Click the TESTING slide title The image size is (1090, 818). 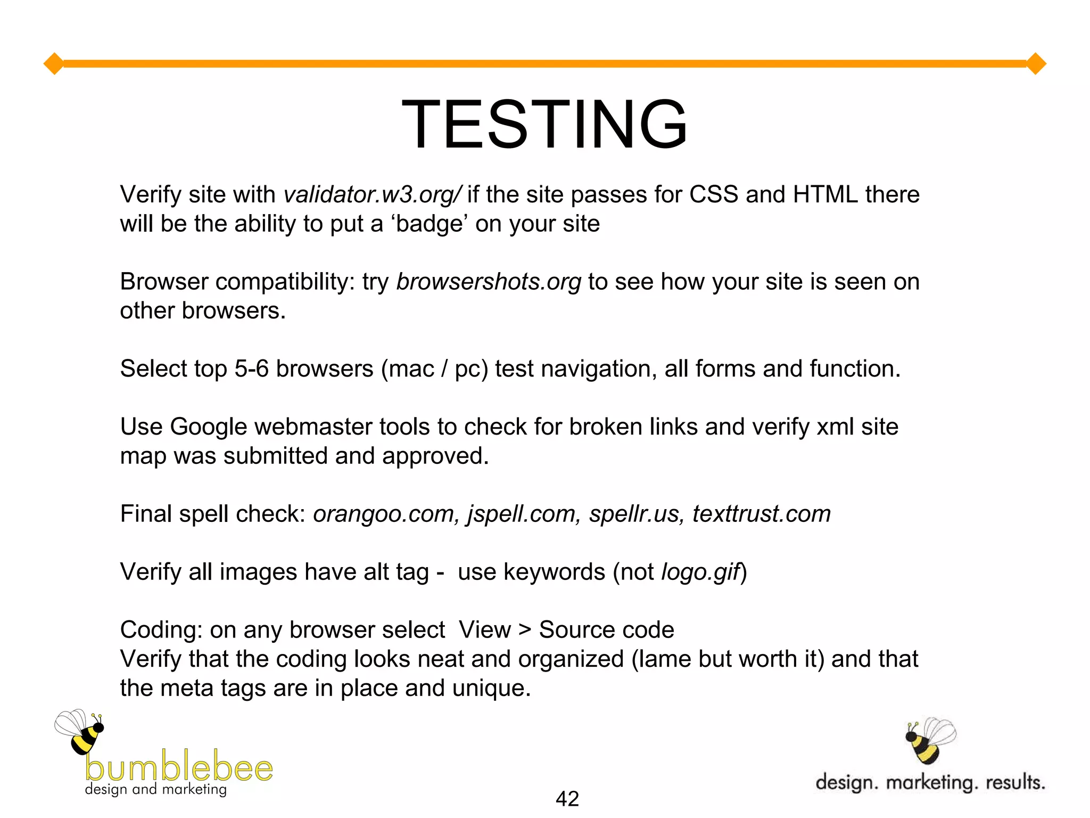(544, 125)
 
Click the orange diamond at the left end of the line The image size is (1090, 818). (54, 64)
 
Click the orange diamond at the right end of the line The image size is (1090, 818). (1036, 64)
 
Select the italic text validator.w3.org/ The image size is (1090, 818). (373, 195)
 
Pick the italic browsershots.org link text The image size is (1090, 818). (489, 282)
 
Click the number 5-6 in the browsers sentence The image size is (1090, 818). (251, 369)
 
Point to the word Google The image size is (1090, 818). (209, 427)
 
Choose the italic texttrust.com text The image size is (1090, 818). (762, 514)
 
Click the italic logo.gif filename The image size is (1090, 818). (700, 572)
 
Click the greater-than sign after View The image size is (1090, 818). (525, 631)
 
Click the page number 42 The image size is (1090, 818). (567, 799)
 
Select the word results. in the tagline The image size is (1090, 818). (1015, 783)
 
